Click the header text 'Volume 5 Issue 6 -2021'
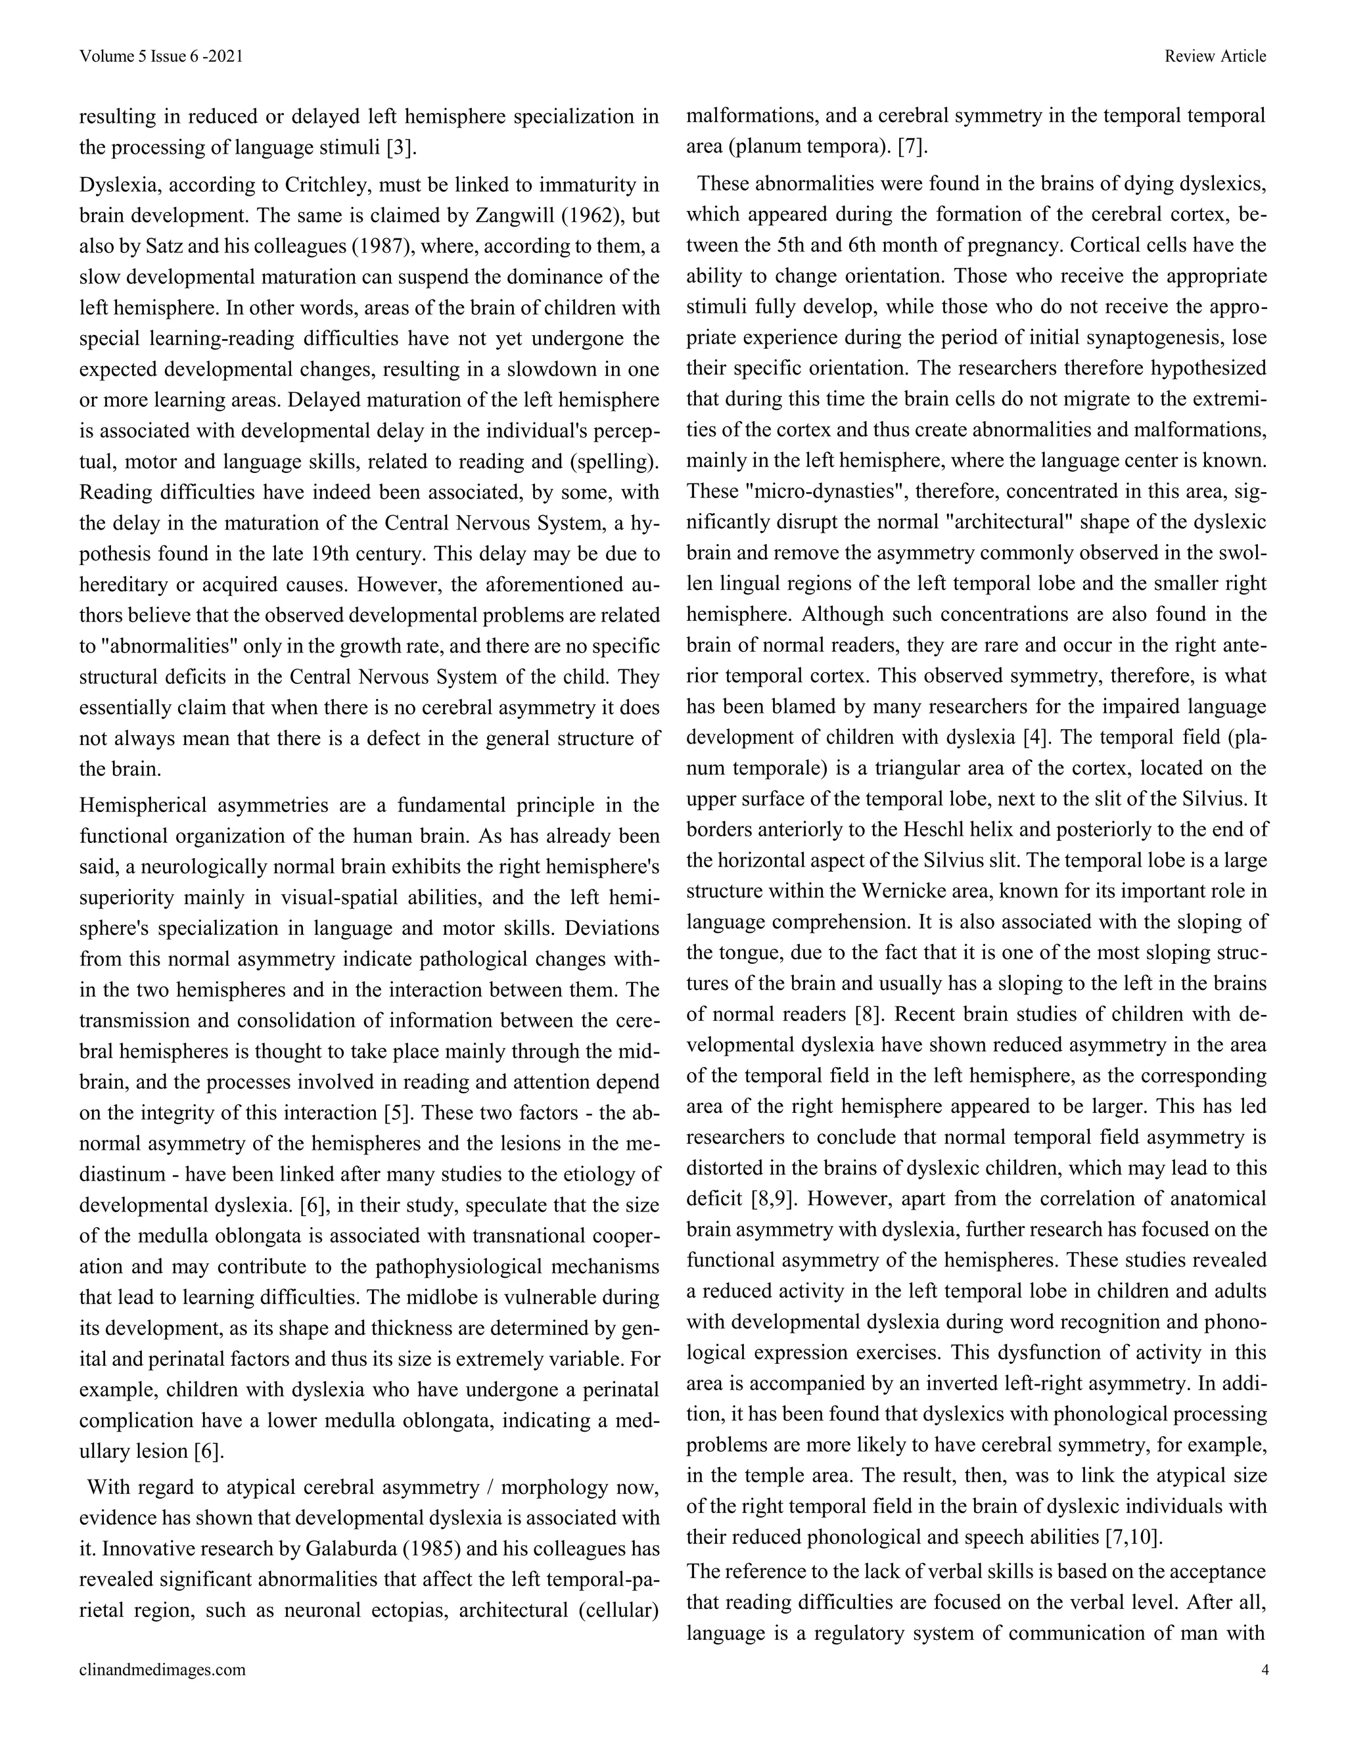click(x=161, y=56)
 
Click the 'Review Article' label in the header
click(x=1215, y=56)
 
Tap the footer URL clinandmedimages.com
click(x=163, y=1669)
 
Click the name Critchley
click(x=327, y=185)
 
